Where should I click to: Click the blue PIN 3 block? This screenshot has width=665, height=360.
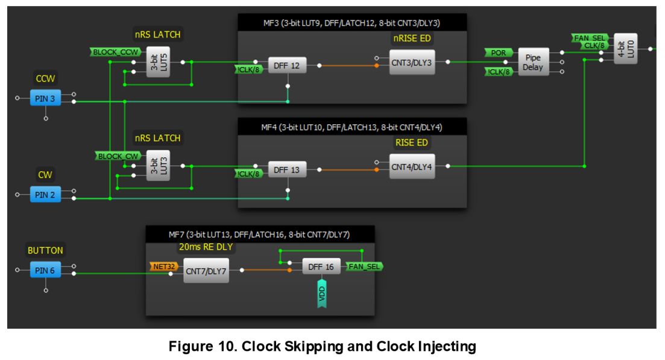[x=45, y=98]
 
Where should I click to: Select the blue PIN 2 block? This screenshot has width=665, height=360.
[x=45, y=195]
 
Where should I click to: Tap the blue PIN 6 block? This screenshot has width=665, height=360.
[x=45, y=270]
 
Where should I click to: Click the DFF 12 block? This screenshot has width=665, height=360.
[x=287, y=66]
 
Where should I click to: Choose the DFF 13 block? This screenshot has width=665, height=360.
[x=287, y=169]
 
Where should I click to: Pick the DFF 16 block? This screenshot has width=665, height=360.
[x=321, y=267]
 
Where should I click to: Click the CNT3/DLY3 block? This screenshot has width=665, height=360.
[x=412, y=62]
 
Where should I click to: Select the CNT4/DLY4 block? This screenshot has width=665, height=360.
[x=412, y=166]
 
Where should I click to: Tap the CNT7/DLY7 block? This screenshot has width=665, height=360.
[x=206, y=271]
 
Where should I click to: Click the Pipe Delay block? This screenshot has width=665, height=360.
[x=533, y=62]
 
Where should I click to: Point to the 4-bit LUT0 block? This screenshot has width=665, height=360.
[x=626, y=49]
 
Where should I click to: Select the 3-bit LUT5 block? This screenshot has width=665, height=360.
[x=158, y=62]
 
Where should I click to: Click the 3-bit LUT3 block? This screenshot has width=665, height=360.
[x=158, y=165]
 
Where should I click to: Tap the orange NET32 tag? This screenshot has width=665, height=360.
[x=164, y=267]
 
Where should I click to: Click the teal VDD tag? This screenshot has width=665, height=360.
[x=322, y=292]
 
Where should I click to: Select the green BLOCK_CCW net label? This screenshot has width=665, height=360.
[x=115, y=52]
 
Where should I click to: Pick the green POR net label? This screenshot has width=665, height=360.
[x=499, y=52]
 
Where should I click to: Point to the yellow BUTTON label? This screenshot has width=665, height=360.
[x=45, y=251]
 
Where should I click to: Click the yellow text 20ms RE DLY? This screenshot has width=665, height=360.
[x=206, y=247]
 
